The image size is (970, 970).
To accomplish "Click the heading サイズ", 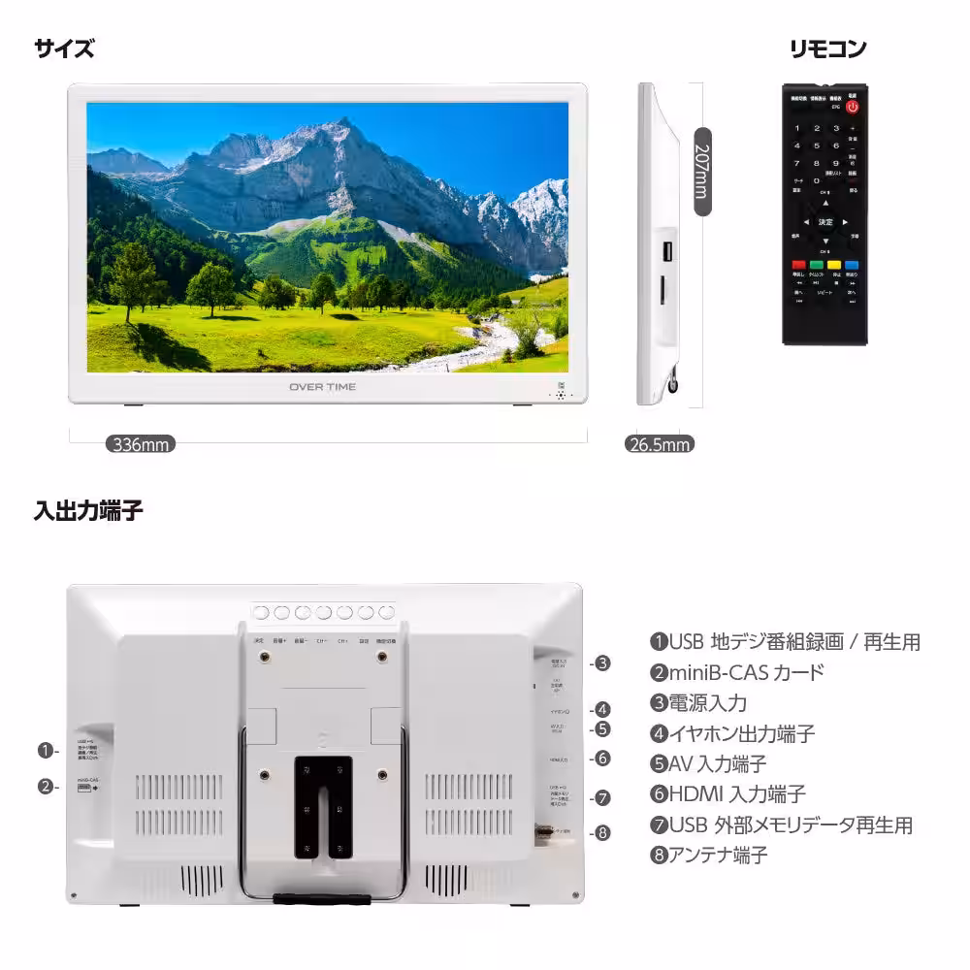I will (64, 48).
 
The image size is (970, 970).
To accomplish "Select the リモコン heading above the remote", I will (826, 48).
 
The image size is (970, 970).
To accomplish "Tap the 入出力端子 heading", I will (88, 510).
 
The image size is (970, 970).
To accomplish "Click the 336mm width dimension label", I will (141, 445).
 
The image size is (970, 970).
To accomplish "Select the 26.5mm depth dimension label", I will (660, 445).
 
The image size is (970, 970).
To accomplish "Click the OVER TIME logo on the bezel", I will (322, 387).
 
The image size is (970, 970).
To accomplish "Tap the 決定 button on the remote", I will (824, 222).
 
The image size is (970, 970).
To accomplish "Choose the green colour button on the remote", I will (817, 265).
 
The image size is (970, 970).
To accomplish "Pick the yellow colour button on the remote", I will (834, 265).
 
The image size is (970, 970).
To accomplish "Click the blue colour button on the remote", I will (852, 265).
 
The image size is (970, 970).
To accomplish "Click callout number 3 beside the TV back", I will (602, 663).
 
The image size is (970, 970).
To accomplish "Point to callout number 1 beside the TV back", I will (45, 750).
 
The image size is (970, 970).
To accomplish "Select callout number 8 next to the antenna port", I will (602, 831).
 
